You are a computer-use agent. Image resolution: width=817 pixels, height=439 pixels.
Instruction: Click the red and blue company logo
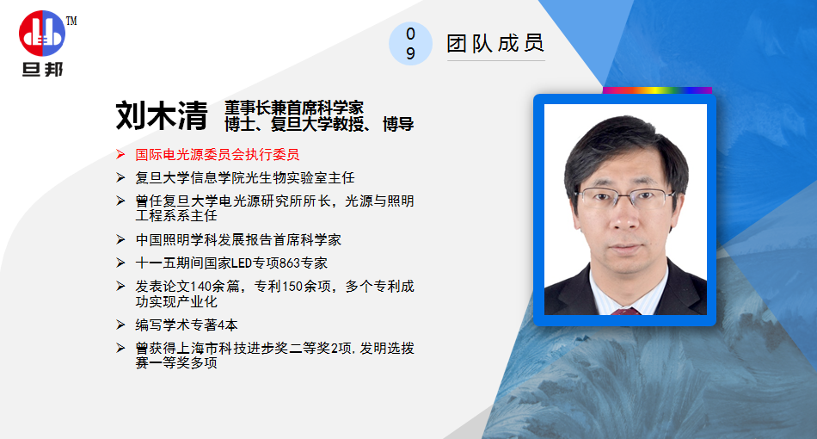click(x=42, y=34)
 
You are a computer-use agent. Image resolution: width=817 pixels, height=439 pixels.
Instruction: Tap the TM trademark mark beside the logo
click(x=71, y=21)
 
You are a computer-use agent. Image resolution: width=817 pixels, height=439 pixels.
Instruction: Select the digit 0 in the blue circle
click(x=410, y=34)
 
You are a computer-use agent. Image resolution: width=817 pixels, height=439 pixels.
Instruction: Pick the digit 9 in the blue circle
click(x=410, y=53)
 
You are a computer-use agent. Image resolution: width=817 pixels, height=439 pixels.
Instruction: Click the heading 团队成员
click(x=495, y=43)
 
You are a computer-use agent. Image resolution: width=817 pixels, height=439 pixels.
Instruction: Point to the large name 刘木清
click(x=162, y=115)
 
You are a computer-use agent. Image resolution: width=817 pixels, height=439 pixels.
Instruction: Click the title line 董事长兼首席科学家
click(x=294, y=108)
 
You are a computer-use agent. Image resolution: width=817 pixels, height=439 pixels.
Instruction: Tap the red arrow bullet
click(x=120, y=154)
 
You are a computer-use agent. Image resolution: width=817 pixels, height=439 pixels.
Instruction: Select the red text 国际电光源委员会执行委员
click(x=218, y=154)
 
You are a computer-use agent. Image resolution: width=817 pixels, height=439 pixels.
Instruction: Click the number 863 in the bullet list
click(x=290, y=263)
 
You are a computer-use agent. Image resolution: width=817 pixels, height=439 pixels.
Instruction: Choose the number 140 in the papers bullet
click(x=201, y=287)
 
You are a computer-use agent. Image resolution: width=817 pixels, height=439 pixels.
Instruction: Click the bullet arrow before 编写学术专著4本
click(x=120, y=325)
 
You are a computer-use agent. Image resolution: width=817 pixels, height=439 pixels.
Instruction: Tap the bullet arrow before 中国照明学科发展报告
click(x=120, y=240)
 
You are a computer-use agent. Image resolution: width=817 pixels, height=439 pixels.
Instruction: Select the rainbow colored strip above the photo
click(x=657, y=90)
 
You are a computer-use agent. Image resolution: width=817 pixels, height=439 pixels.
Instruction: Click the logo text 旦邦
click(x=42, y=70)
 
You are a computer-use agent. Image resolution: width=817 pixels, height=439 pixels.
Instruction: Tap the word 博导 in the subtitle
click(x=398, y=124)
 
